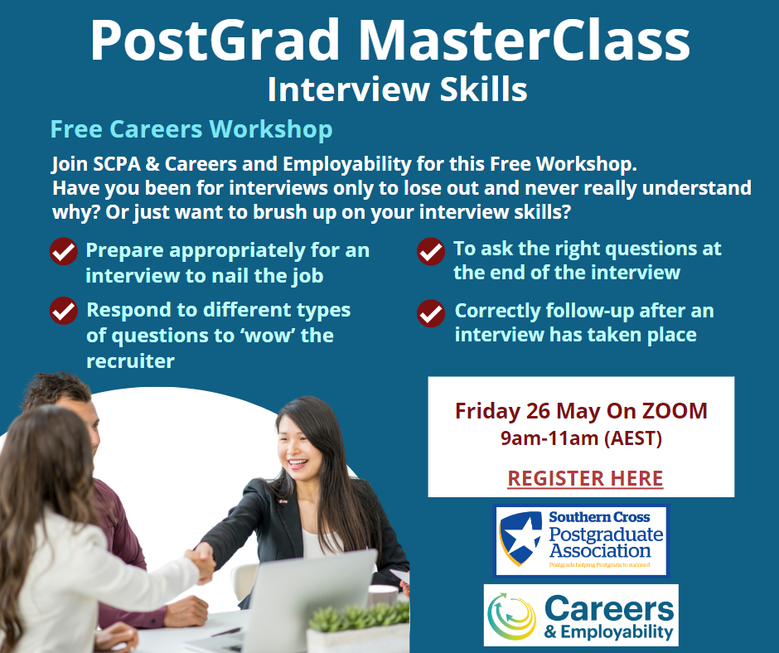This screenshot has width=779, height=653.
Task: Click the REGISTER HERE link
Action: [585, 478]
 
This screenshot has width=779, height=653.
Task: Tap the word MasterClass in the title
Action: [524, 41]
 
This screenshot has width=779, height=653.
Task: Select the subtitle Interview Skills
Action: [398, 89]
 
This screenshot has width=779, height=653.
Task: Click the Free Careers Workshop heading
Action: [191, 130]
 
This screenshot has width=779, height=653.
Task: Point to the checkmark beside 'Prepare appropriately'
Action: [64, 251]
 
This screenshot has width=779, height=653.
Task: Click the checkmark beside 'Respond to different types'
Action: [64, 311]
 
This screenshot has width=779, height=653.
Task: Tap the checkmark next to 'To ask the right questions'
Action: [431, 251]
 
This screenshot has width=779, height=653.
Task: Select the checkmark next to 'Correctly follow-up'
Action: [431, 313]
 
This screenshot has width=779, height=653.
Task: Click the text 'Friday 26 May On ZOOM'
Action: [581, 411]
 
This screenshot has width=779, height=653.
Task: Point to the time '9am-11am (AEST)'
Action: [581, 438]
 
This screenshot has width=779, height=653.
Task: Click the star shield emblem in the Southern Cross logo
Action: [520, 539]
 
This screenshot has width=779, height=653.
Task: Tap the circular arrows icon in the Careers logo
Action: [512, 616]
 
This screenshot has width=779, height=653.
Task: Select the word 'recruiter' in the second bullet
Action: [131, 361]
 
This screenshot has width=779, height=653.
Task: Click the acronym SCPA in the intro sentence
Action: [117, 164]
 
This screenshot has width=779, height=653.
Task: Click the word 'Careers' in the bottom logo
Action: [609, 609]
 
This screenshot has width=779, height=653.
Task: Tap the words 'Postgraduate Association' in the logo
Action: [606, 543]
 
